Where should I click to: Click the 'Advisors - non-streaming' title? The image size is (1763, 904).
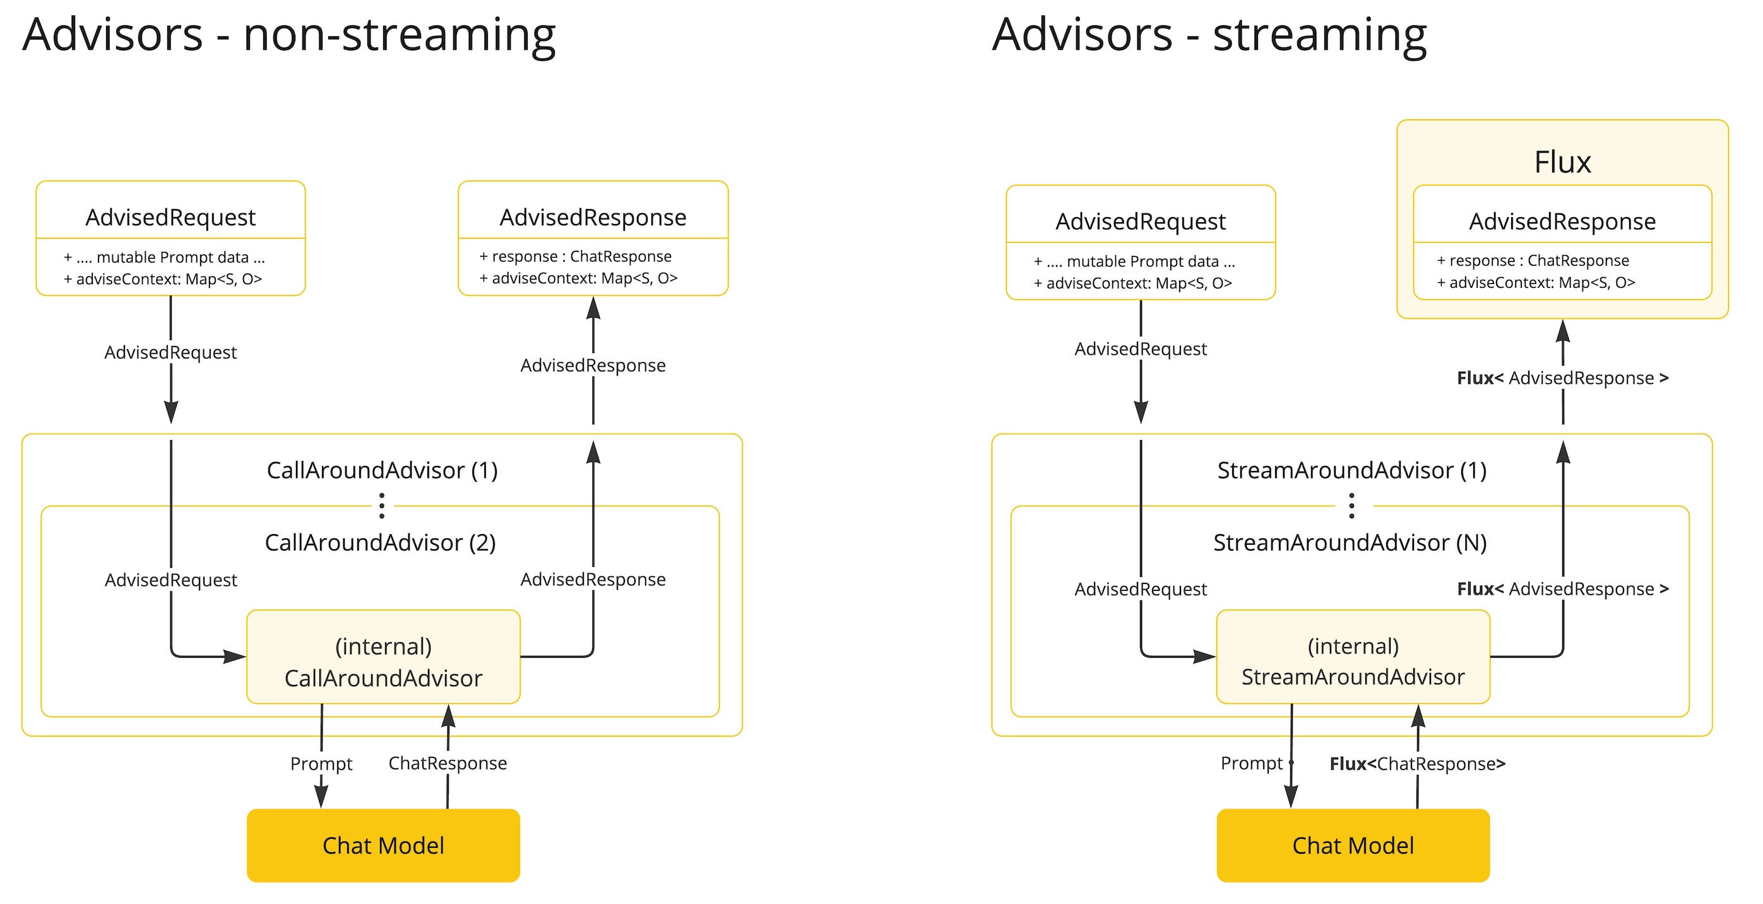click(289, 35)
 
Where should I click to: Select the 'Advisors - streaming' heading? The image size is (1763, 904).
click(1209, 35)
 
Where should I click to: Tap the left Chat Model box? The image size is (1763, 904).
click(383, 845)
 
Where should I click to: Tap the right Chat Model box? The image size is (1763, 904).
click(1353, 845)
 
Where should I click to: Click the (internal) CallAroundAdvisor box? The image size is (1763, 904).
click(383, 657)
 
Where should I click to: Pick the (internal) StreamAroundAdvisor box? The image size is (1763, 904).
click(1353, 657)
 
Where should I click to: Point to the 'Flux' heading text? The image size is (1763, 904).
click(1562, 162)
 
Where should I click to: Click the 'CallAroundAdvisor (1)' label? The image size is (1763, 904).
click(382, 470)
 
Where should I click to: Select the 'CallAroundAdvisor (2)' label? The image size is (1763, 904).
click(381, 543)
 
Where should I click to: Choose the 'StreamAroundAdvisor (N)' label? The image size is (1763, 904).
click(1350, 543)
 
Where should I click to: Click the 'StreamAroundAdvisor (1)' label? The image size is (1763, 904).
click(1351, 470)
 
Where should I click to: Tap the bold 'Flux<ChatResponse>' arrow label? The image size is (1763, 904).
click(1417, 764)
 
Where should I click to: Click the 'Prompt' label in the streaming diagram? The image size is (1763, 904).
click(1252, 763)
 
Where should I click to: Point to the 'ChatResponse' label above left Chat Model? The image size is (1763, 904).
click(448, 763)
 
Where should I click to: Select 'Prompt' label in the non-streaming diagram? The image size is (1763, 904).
click(321, 764)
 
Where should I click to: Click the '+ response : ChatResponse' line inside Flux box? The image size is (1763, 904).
click(1533, 261)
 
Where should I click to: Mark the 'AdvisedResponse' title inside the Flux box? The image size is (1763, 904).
click(1562, 222)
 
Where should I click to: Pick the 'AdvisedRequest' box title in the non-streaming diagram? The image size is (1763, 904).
click(170, 218)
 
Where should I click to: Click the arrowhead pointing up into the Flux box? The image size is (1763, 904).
click(1562, 331)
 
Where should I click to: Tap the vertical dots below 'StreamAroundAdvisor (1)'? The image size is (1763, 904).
click(1351, 505)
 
